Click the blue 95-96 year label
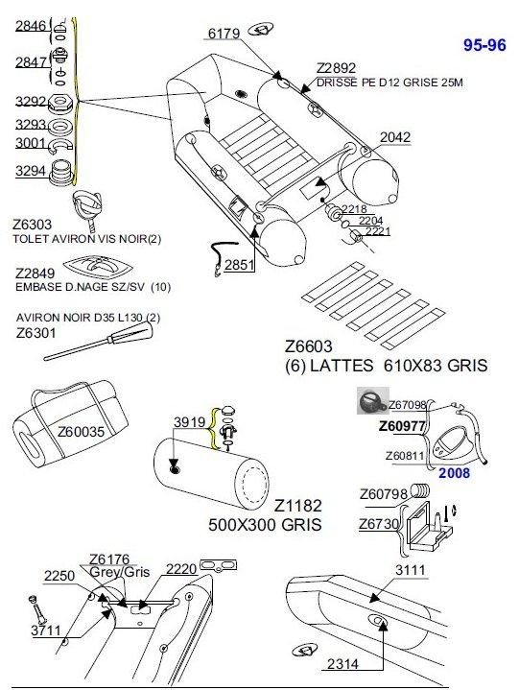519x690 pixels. click(484, 45)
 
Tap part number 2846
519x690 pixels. click(31, 26)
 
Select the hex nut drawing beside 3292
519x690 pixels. click(60, 103)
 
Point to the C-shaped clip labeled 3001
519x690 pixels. click(60, 147)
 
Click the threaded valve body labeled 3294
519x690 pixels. click(60, 172)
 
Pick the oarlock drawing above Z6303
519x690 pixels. click(87, 206)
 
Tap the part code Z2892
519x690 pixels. click(336, 68)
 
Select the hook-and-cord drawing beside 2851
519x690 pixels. click(224, 257)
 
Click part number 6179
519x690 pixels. click(224, 34)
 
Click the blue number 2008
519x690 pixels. click(455, 473)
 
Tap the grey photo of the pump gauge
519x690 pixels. click(373, 400)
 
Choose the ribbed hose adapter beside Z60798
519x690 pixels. click(421, 490)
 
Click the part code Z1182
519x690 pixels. click(298, 506)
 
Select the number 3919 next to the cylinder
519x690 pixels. click(190, 422)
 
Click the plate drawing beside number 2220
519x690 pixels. click(218, 565)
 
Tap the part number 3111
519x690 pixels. click(411, 570)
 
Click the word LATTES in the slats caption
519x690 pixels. click(342, 366)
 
